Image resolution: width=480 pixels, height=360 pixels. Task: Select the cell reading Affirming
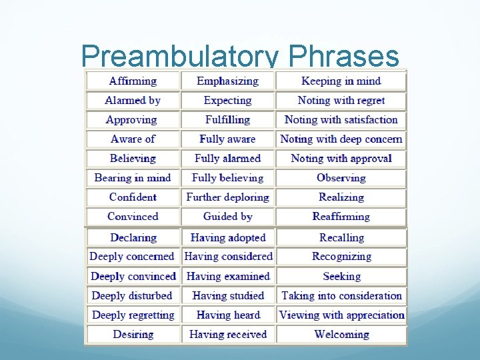pos(133,81)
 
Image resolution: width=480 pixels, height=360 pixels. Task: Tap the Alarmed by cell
pos(133,101)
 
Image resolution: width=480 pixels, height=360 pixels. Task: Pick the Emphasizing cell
pos(227,81)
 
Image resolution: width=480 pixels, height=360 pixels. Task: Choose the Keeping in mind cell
pos(341,81)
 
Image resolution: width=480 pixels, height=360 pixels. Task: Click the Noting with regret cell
pos(341,101)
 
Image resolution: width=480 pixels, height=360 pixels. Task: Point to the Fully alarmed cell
pos(227,159)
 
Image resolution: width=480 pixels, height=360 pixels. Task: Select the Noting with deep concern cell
pos(341,139)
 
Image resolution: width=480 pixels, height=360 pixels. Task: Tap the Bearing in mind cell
pos(133,178)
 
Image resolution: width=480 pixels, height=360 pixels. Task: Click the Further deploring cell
pos(227,197)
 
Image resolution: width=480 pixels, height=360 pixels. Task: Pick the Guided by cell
pos(227,217)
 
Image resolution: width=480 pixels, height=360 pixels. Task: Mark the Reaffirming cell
pos(341,217)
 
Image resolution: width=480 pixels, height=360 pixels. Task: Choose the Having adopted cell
pos(227,238)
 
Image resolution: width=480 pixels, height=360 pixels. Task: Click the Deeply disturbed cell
pos(133,296)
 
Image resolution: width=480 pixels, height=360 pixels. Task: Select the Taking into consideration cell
pos(341,296)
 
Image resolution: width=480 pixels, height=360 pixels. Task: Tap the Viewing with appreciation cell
pos(341,315)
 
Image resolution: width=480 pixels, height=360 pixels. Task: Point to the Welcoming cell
pos(341,335)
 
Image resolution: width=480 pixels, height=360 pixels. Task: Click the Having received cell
pos(227,335)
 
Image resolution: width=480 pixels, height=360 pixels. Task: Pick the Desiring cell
pos(133,335)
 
